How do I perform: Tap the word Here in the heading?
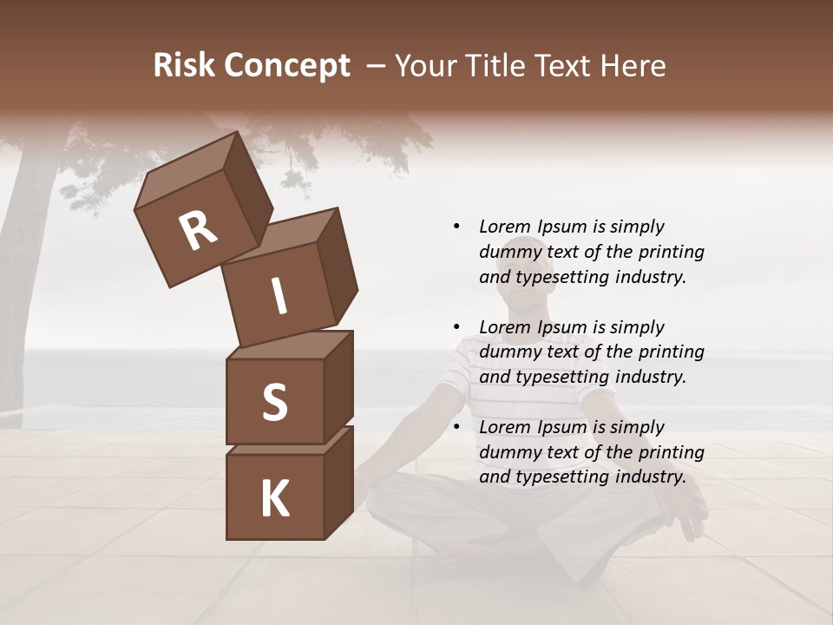click(633, 66)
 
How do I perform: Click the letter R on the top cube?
click(198, 230)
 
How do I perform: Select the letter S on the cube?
click(274, 402)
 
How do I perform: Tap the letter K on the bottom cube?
click(274, 499)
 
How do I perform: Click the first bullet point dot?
click(456, 227)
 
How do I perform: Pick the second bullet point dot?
click(456, 327)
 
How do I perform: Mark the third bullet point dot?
click(456, 427)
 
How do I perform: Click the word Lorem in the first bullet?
click(503, 227)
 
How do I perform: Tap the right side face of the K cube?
click(338, 482)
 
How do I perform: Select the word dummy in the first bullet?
click(509, 252)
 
